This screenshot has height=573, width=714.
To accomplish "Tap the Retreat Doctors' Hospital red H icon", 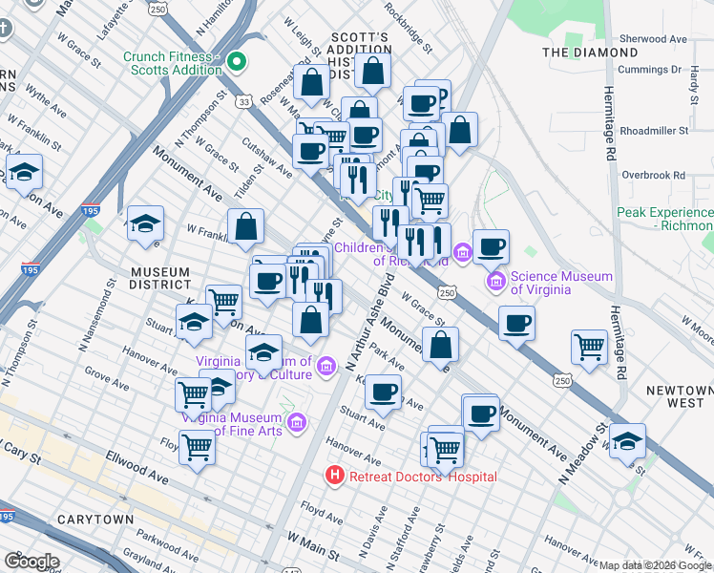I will [334, 475].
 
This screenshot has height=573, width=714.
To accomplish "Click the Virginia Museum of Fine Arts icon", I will [296, 421].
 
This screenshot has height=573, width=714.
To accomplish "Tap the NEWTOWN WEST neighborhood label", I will [679, 397].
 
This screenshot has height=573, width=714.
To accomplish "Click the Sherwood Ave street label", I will [654, 39].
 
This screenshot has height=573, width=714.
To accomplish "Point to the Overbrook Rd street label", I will [654, 175].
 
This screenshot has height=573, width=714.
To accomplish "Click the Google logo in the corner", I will [31, 562].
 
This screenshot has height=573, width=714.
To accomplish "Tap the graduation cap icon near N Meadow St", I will [628, 440].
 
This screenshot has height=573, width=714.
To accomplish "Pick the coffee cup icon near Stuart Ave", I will [384, 391].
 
